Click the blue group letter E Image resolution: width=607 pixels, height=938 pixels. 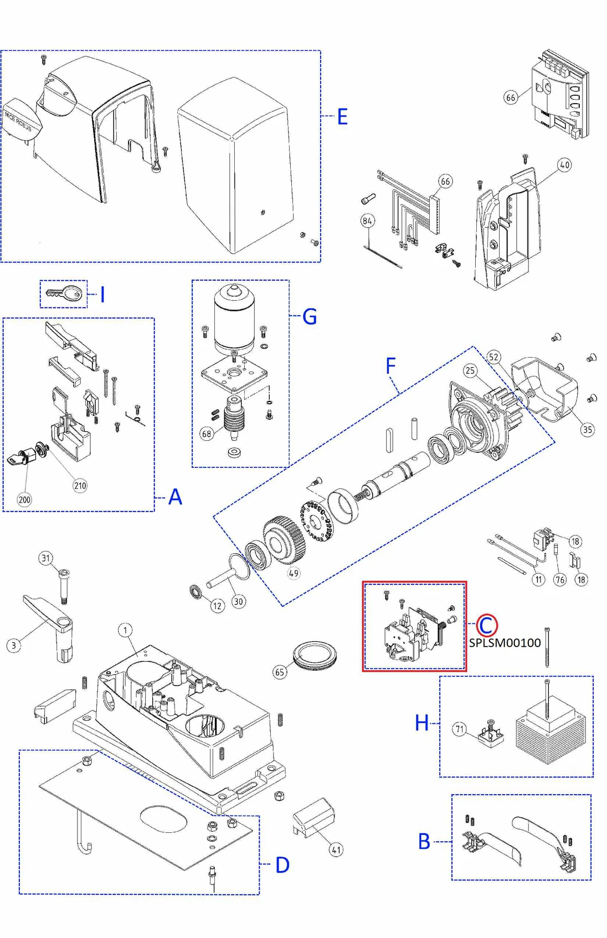(342, 117)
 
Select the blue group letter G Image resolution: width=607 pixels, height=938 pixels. (310, 317)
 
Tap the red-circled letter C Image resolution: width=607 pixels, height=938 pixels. (486, 626)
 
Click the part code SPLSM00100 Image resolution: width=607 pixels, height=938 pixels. (505, 643)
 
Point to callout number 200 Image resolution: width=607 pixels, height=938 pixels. (24, 499)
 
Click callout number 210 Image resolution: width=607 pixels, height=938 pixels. (80, 486)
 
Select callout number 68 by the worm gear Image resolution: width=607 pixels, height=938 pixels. (207, 434)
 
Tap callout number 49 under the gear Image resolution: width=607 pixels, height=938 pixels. (294, 573)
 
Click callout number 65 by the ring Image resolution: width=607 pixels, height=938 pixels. (280, 672)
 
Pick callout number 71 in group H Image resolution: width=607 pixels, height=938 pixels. (459, 729)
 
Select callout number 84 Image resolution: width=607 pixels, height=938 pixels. (367, 221)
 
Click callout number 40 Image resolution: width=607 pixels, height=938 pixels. (564, 165)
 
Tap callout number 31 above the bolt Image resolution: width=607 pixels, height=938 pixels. (46, 558)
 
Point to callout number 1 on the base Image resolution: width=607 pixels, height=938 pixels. (125, 630)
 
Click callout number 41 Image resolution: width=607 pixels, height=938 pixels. (336, 849)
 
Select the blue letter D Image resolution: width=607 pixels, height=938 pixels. (282, 865)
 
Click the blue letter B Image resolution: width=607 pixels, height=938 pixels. (424, 842)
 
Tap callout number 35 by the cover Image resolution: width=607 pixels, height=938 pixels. (587, 429)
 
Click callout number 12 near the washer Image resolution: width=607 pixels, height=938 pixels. (217, 606)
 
